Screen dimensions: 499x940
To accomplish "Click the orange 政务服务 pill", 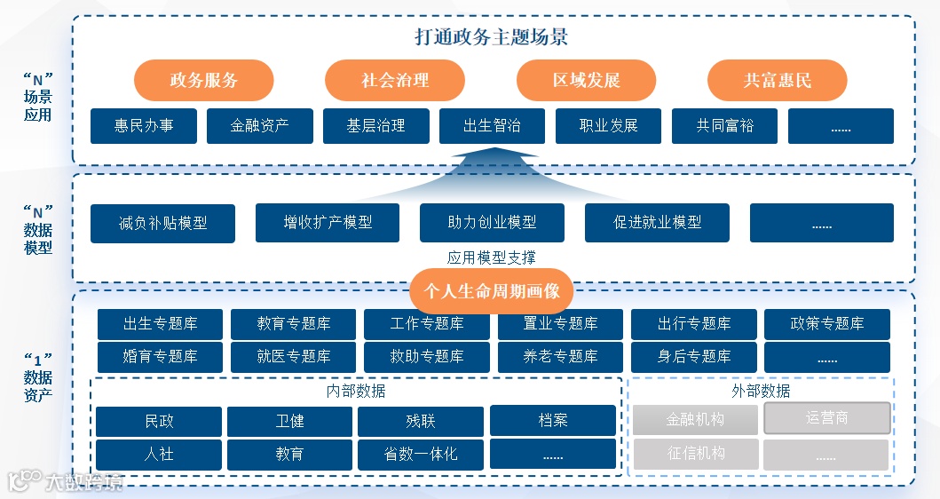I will coord(203,81).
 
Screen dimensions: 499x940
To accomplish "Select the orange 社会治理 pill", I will coord(395,81).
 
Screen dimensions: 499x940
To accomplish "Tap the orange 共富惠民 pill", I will coord(777,81).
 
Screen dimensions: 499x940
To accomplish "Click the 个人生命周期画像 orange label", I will coord(492,291).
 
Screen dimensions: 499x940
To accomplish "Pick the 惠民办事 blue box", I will coord(144,126).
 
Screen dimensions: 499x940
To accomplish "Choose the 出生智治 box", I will coord(492,126).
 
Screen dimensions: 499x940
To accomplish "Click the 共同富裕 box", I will coord(724,126).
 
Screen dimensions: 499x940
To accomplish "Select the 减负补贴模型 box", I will coord(162,223).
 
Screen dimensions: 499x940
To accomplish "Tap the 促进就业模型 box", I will coord(657,222).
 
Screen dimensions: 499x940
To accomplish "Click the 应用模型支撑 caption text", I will coord(492,257).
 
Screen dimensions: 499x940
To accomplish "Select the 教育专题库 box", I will coord(293,324).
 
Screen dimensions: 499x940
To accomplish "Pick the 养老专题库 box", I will coord(560,357).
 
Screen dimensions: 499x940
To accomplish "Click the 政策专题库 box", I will coord(826,324).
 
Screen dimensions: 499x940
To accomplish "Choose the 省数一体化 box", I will coord(421,455).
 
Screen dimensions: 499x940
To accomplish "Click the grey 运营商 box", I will coord(826,418).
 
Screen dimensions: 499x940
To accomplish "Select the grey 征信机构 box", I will coord(696,454).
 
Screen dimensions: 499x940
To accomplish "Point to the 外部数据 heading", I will coord(761,391).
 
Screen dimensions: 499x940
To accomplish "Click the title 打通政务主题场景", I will coord(492,37).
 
